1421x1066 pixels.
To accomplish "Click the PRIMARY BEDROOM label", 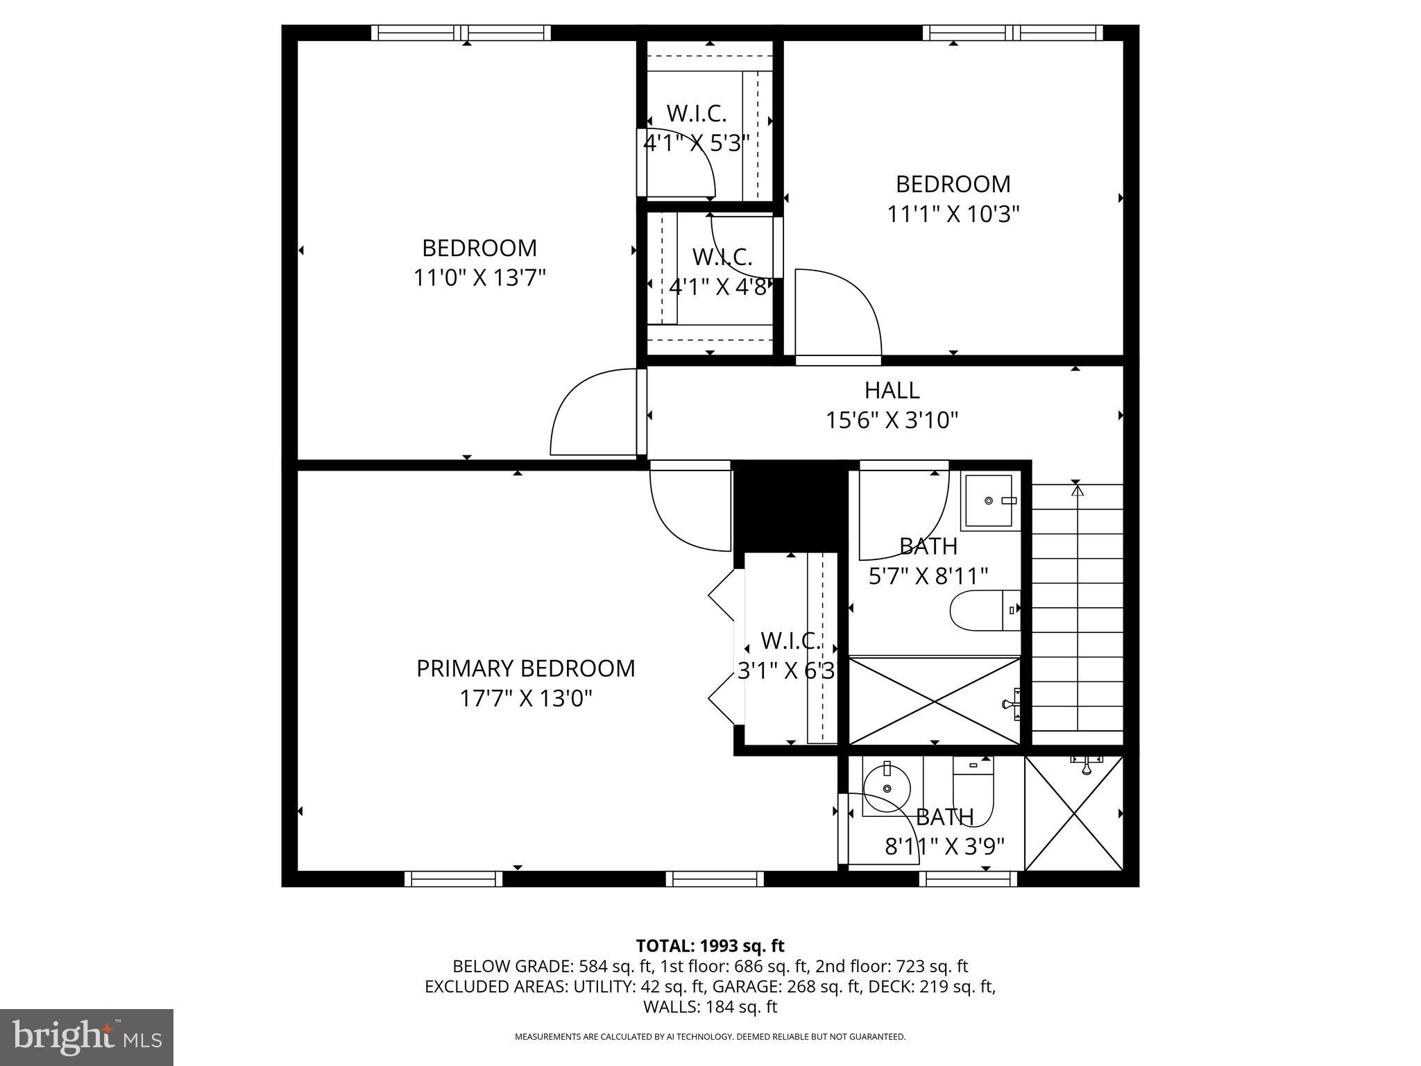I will click(525, 668).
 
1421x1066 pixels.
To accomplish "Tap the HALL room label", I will click(892, 391).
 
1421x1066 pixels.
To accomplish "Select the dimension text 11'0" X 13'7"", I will click(479, 278).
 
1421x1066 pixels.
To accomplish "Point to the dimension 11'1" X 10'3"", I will click(953, 214).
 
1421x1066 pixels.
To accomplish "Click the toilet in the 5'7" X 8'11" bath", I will click(984, 611).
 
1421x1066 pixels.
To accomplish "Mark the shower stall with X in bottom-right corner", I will click(1073, 813).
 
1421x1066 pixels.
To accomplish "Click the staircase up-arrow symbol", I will click(1077, 491).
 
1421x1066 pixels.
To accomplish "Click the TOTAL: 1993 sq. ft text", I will click(710, 946).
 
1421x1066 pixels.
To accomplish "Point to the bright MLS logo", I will click(87, 1037).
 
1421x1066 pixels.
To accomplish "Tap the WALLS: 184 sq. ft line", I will click(710, 1006).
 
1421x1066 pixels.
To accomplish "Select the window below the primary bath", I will click(968, 879).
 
